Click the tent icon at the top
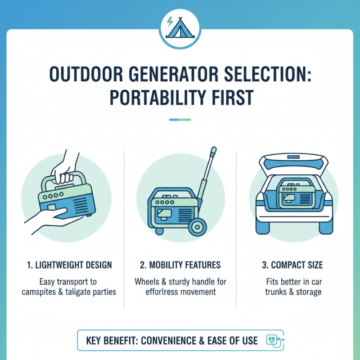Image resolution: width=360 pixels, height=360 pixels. pyautogui.click(x=180, y=28)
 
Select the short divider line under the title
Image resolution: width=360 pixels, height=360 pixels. pyautogui.click(x=180, y=120)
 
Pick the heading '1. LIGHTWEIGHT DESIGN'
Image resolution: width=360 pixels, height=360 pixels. pyautogui.click(x=66, y=264)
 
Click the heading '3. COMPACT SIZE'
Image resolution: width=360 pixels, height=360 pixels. pyautogui.click(x=293, y=264)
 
